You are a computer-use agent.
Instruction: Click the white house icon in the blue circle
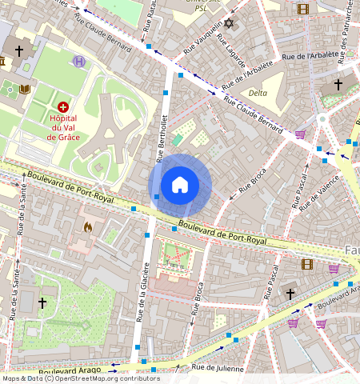tap(180, 185)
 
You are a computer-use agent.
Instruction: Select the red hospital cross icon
tap(63, 106)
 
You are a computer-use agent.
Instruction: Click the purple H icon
tap(78, 61)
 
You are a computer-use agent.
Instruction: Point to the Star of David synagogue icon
tap(230, 23)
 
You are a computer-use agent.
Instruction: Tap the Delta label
tap(258, 93)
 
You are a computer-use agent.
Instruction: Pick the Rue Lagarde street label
tap(235, 55)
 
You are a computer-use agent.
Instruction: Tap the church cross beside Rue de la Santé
tap(42, 302)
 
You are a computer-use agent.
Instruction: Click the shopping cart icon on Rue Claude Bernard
tap(301, 134)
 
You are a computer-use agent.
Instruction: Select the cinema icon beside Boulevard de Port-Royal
tap(307, 263)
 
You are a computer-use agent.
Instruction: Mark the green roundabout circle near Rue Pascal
tap(322, 118)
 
